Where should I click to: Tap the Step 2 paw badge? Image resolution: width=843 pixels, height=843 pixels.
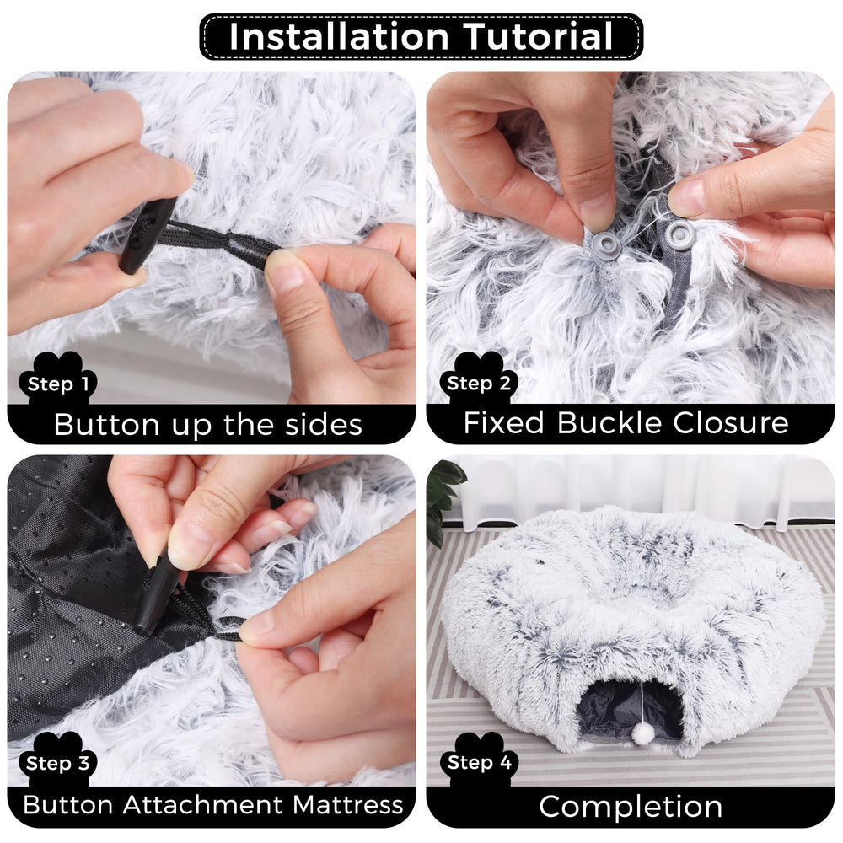click(478, 384)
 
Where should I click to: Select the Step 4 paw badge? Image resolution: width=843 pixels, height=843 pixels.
click(478, 764)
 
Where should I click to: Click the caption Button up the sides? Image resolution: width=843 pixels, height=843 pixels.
click(208, 424)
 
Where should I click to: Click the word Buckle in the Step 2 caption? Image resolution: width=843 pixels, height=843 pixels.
click(614, 422)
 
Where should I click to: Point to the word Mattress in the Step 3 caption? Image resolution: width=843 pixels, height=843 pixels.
click(347, 804)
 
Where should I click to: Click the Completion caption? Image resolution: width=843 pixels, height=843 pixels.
click(631, 806)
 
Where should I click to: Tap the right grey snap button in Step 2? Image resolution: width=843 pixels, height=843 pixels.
click(679, 235)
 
